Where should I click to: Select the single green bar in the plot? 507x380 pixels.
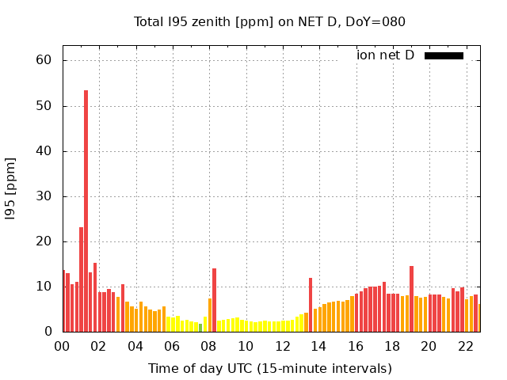click(200, 328)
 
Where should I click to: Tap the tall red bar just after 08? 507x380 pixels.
click(214, 300)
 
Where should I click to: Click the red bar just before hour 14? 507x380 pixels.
click(311, 305)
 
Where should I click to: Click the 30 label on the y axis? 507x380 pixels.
click(43, 196)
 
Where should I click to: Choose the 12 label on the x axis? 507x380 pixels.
click(282, 346)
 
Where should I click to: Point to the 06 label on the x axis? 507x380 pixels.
click(172, 346)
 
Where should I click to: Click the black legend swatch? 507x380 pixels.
click(444, 55)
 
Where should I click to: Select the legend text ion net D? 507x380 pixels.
click(385, 55)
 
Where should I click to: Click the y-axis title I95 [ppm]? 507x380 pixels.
click(11, 196)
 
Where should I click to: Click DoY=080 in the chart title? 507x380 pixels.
click(375, 21)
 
